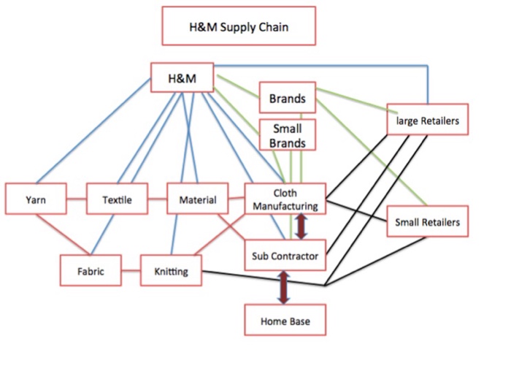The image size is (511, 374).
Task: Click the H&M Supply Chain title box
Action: tap(237, 28)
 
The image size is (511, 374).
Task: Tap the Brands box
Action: tap(287, 98)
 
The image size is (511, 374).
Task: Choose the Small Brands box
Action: tap(287, 135)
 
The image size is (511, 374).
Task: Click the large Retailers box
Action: tap(427, 121)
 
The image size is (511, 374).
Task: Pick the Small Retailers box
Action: tap(427, 222)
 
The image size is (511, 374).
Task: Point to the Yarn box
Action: tap(35, 199)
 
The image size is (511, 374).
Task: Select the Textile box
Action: tap(117, 199)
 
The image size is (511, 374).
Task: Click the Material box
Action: tap(197, 199)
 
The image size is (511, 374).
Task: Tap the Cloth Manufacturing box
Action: tap(285, 199)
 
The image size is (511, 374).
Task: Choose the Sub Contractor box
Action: tap(285, 255)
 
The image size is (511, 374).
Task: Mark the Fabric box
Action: tap(91, 271)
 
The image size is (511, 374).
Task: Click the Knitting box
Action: tap(171, 271)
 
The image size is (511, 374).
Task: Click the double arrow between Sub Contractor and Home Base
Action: tap(283, 287)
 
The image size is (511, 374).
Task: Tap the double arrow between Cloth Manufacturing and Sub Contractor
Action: tap(300, 226)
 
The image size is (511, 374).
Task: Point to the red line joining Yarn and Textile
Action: tap(76, 199)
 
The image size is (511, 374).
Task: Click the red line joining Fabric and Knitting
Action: tap(131, 272)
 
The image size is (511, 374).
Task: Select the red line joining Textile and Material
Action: tap(157, 199)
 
